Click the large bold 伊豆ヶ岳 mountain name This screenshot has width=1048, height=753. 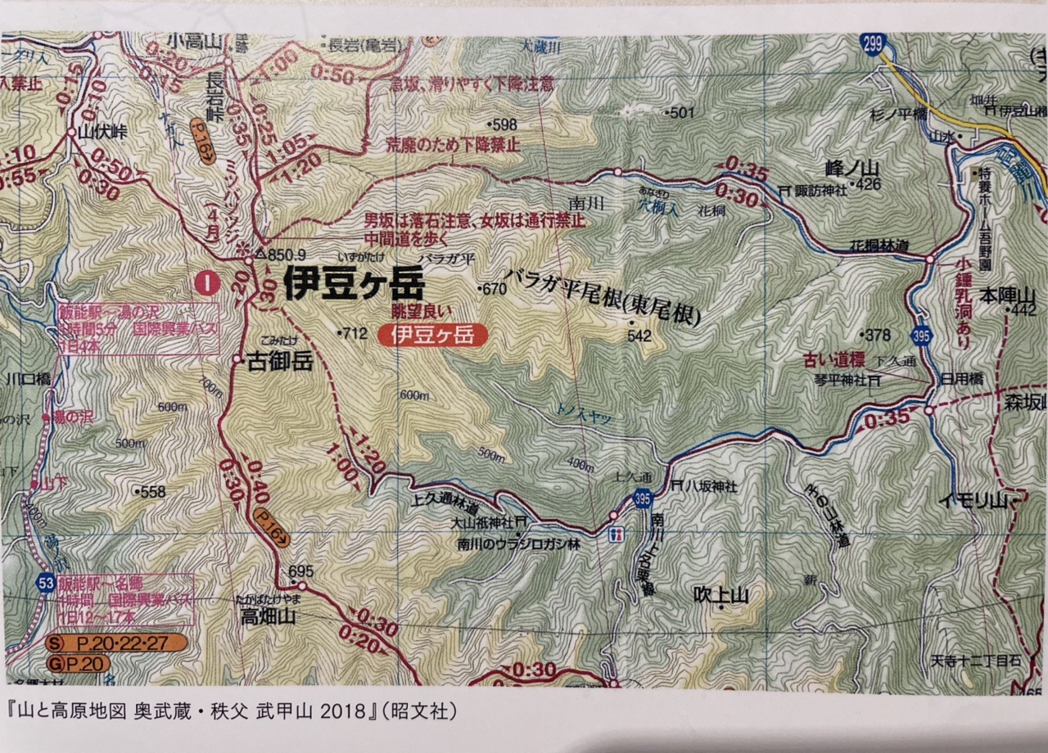click(354, 286)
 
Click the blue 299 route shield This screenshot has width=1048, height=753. click(874, 46)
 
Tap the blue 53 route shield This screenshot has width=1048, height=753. click(47, 583)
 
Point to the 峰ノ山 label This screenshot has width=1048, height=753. click(825, 169)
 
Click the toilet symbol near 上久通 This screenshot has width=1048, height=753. click(618, 533)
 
